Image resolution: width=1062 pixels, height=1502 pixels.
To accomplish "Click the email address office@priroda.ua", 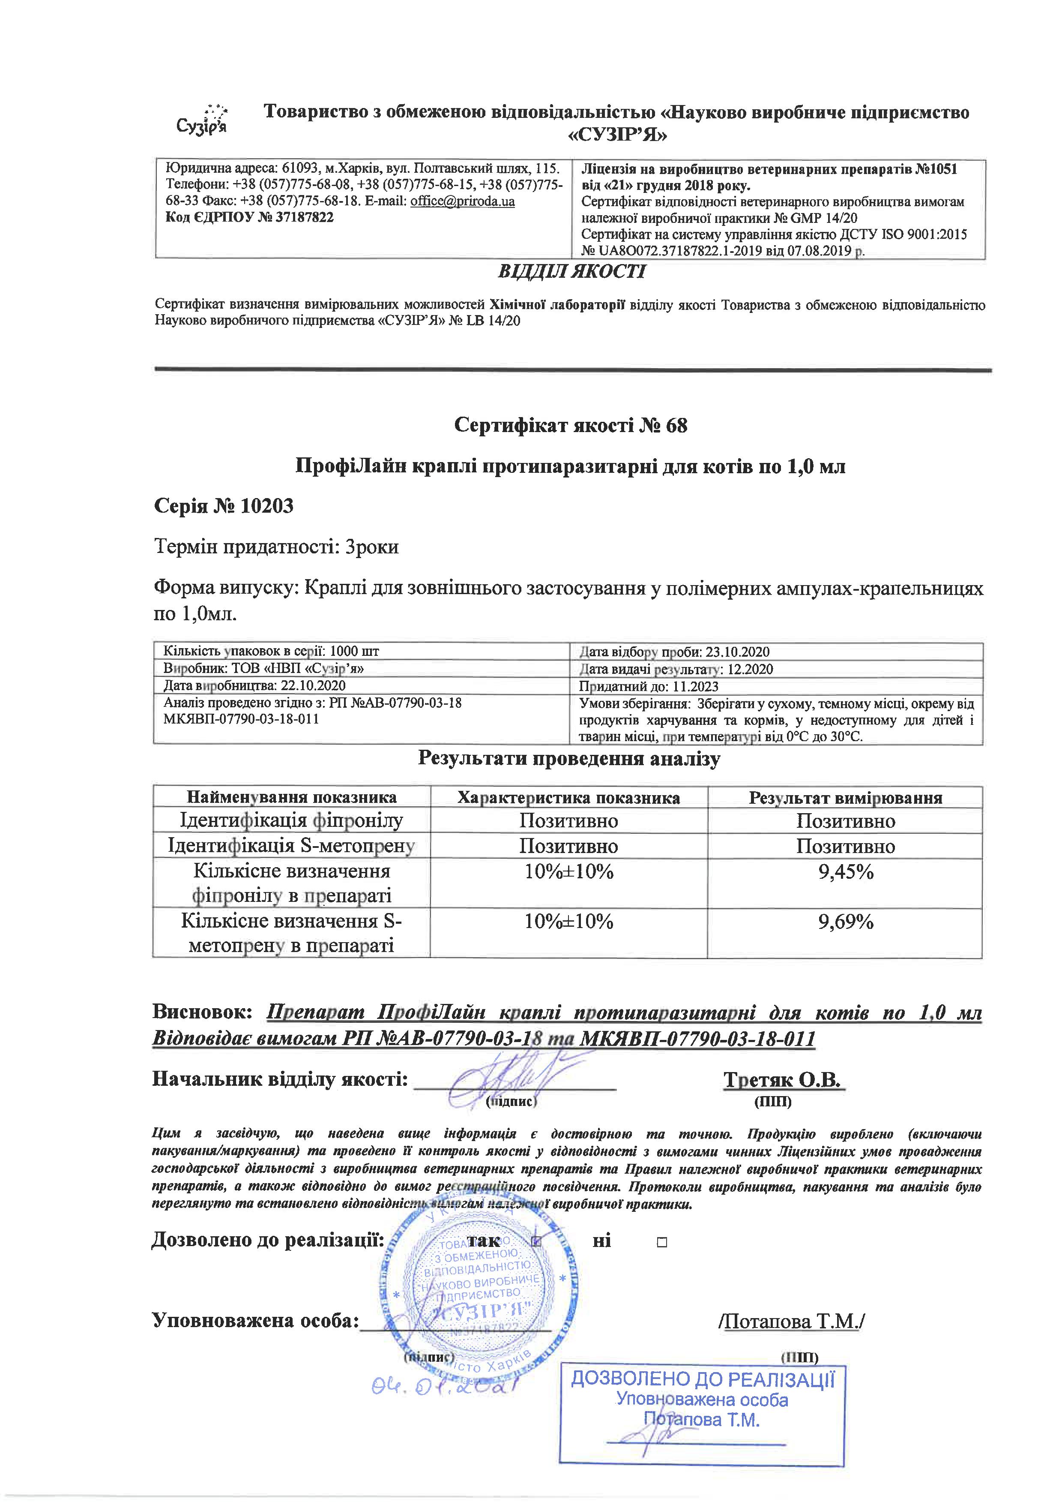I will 462,201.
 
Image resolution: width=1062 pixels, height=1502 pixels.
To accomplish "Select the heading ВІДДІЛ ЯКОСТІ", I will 571,271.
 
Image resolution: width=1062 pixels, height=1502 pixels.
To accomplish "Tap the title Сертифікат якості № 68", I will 571,426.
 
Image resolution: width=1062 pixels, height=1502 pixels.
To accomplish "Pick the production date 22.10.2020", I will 313,685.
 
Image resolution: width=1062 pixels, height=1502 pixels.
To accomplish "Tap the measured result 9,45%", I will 846,872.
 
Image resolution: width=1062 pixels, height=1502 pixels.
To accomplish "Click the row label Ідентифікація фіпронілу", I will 292,820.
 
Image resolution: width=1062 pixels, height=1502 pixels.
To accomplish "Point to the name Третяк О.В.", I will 784,1080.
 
